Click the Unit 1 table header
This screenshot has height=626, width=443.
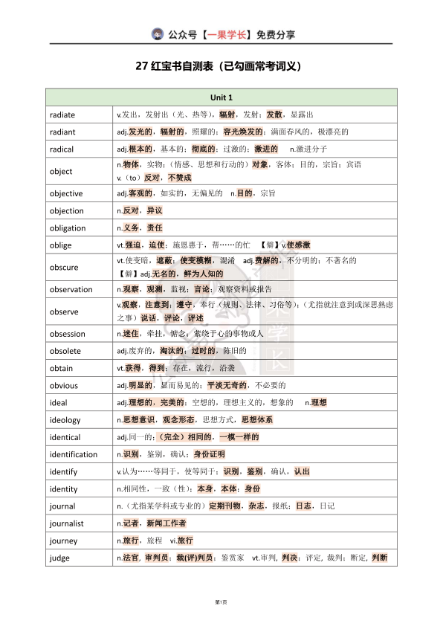tap(221, 97)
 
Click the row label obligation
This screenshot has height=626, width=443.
tap(68, 228)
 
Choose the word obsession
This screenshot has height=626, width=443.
tap(68, 334)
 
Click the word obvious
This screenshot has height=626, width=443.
tap(64, 385)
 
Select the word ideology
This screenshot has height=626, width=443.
tap(65, 420)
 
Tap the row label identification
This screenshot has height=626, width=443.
tap(74, 454)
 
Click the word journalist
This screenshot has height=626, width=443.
tap(67, 523)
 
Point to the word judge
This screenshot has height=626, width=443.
tap(60, 558)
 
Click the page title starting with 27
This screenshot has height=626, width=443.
tap(221, 66)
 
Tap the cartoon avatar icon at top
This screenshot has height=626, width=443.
tap(158, 33)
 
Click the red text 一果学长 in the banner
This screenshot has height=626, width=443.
tap(227, 34)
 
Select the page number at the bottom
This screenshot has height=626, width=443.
tap(220, 601)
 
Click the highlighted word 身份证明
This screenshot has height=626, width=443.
tap(210, 454)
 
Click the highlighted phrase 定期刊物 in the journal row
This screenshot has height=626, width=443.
tap(224, 506)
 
